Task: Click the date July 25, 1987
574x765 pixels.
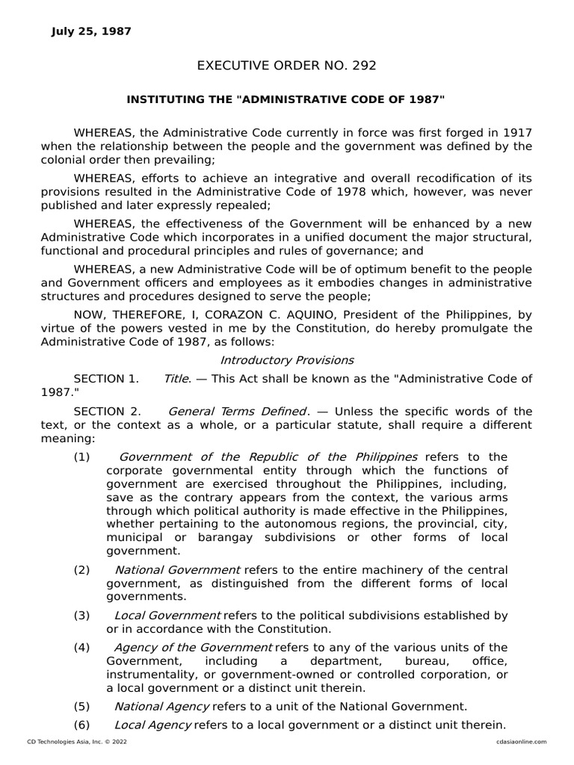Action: click(90, 31)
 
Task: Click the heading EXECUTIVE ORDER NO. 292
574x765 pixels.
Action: click(286, 66)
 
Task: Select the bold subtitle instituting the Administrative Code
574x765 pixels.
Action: click(286, 99)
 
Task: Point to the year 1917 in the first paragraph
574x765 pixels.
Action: click(517, 133)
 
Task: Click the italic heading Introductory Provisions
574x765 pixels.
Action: click(286, 360)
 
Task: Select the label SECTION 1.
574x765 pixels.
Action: click(106, 379)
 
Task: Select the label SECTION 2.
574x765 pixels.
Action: click(106, 412)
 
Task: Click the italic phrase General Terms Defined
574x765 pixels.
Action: click(238, 412)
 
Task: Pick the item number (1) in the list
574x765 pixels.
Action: click(81, 457)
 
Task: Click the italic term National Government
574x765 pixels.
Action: click(177, 570)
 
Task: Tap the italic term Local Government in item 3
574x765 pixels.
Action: click(167, 616)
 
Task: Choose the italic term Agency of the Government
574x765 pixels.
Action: click(198, 648)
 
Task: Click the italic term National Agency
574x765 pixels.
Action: click(162, 706)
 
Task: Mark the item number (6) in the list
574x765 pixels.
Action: click(81, 725)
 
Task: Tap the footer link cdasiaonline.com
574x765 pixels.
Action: click(521, 742)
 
